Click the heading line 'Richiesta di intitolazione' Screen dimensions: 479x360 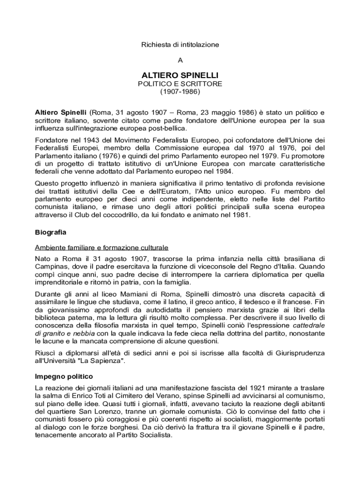tap(180, 44)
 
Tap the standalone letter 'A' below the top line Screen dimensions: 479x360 tap(180, 60)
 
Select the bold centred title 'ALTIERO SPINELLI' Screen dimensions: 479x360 tap(180, 75)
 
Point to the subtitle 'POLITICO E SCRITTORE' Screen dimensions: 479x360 tap(180, 84)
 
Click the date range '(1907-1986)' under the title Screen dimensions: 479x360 tap(180, 92)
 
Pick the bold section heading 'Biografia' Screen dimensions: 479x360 tap(50, 232)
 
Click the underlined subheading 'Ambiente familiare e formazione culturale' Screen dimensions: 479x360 tap(101, 247)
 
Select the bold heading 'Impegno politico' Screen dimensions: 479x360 tap(64, 376)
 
